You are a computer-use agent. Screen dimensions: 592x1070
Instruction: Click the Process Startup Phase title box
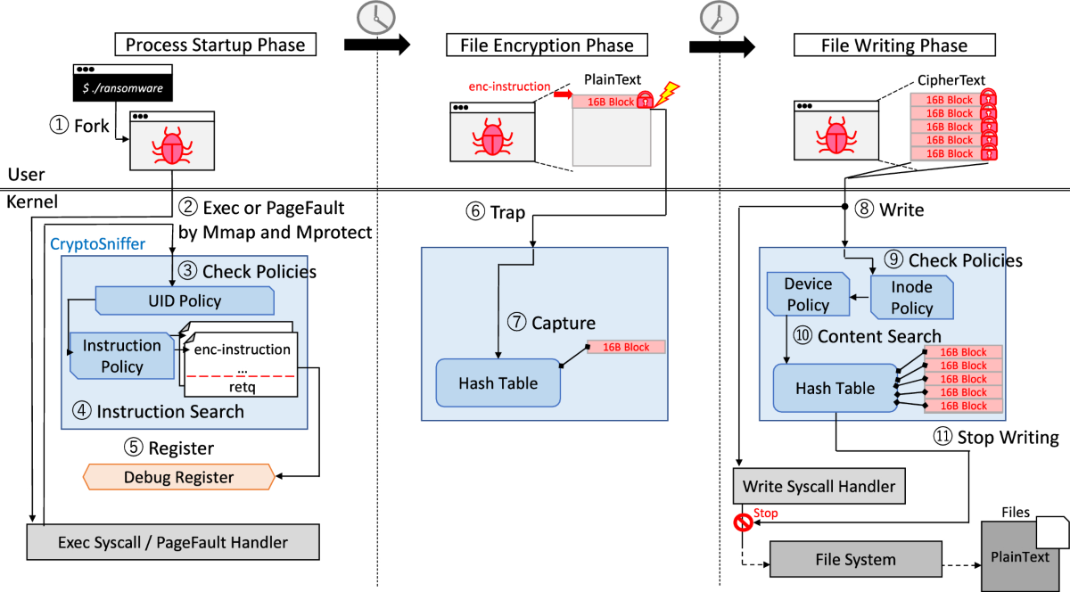click(215, 45)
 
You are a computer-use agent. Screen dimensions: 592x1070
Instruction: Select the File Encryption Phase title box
click(546, 45)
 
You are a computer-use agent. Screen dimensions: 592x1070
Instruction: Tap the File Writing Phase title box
click(893, 45)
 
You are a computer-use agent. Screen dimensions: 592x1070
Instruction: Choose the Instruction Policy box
click(122, 356)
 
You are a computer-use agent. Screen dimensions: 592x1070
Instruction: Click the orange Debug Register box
click(179, 477)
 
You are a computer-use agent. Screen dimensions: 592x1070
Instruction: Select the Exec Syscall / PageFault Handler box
click(172, 541)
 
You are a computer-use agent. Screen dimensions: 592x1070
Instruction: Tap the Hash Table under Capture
click(498, 383)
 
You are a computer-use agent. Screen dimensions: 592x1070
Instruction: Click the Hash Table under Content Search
click(835, 388)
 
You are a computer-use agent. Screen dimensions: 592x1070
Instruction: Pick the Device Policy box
click(807, 294)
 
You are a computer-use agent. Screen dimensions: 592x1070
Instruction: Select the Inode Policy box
click(911, 297)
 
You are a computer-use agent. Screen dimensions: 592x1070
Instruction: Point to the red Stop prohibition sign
click(742, 522)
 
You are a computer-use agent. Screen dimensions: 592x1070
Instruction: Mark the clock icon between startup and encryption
click(374, 16)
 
